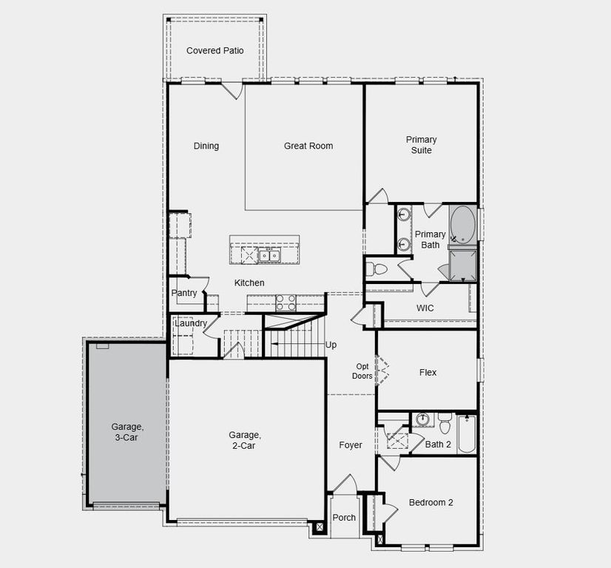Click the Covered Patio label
tap(215, 50)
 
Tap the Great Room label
tap(308, 146)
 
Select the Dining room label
tap(206, 146)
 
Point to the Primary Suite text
tap(421, 145)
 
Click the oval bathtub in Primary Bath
tap(463, 223)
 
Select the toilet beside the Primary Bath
tap(378, 268)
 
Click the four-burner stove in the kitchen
tap(286, 302)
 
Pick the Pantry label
tap(184, 293)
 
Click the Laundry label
tap(190, 323)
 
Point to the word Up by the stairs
tap(331, 345)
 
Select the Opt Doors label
tap(362, 371)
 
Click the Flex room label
tap(428, 373)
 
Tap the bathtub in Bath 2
tap(466, 434)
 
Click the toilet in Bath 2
tap(445, 424)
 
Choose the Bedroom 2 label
tap(431, 503)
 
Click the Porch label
tap(344, 518)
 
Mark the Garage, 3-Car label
tap(127, 432)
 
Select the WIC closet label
tap(425, 307)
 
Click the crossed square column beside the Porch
tap(320, 528)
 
